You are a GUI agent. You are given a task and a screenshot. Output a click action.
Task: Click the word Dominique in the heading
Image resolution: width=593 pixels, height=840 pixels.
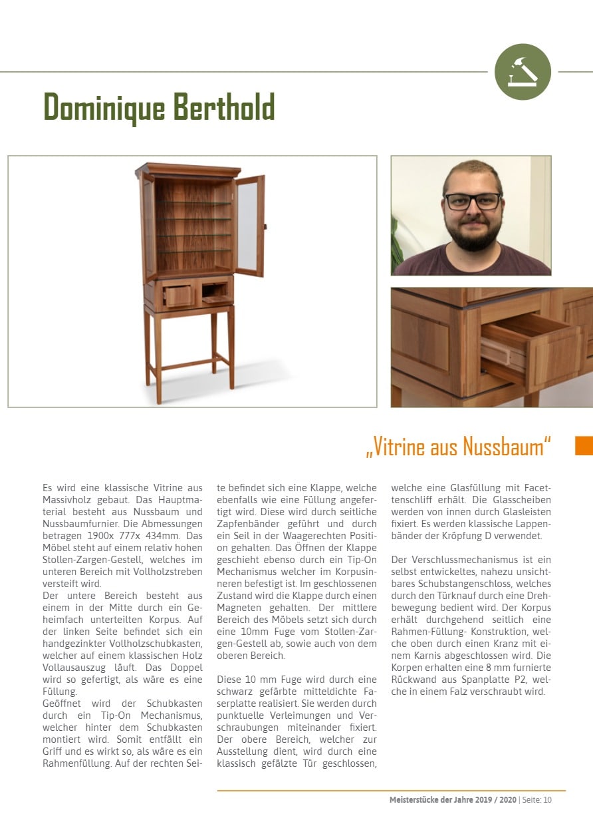coord(100,106)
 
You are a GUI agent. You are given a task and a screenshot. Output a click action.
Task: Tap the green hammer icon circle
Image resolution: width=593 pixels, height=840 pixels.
coord(523,72)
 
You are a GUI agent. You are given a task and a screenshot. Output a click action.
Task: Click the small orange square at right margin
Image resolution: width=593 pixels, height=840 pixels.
coord(584,445)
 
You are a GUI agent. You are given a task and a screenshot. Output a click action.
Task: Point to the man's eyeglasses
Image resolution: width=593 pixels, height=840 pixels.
coord(473,201)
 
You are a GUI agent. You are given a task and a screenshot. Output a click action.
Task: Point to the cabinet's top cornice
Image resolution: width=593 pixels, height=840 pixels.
coord(187,170)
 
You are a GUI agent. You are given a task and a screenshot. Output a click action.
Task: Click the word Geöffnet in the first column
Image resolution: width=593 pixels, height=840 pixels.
coord(62,704)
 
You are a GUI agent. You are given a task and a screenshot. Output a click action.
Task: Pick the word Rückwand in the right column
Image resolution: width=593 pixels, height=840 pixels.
coord(412,680)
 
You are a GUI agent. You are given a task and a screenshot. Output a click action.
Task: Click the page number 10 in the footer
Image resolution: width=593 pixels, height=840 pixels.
coord(547,800)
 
